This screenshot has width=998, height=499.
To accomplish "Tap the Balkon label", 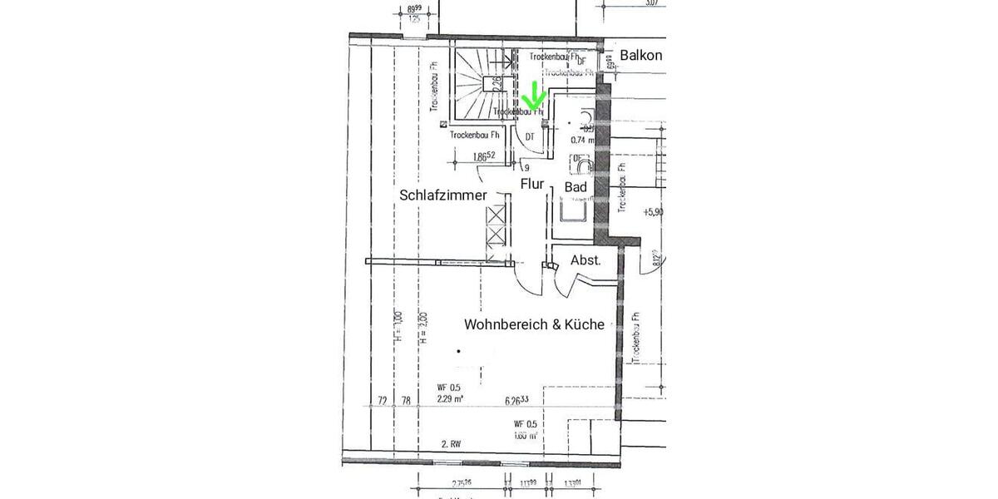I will pyautogui.click(x=641, y=56).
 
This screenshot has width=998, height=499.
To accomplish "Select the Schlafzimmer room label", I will pyautogui.click(x=443, y=195).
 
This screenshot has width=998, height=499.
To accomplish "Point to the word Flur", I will pyautogui.click(x=532, y=184).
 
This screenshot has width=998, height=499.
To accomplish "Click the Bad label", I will pyautogui.click(x=576, y=187).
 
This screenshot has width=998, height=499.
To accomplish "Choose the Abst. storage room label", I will pyautogui.click(x=586, y=260).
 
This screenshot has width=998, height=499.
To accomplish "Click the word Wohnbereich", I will pyautogui.click(x=504, y=324).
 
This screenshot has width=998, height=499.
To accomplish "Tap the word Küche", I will pyautogui.click(x=584, y=324).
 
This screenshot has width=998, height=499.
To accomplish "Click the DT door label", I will pyautogui.click(x=530, y=137).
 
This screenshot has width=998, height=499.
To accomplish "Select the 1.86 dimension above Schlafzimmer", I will pyautogui.click(x=483, y=156).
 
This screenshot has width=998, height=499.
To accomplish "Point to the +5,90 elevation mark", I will pyautogui.click(x=654, y=212).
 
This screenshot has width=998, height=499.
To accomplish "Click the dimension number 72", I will pyautogui.click(x=382, y=401).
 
